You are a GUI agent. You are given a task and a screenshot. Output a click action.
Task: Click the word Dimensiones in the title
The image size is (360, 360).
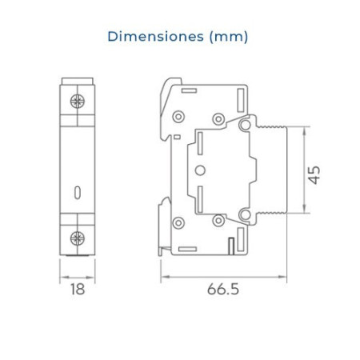tap(155, 37)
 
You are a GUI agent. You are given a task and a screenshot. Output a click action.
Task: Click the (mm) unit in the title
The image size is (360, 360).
tap(229, 37)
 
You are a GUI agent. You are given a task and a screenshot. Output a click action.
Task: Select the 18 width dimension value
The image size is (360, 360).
tap(78, 289)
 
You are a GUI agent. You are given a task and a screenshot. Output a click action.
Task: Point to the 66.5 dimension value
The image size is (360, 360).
tap(223, 289)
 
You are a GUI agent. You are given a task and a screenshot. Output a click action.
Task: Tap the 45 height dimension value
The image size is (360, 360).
tap(314, 175)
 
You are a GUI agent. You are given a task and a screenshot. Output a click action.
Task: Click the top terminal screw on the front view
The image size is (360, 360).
tap(78, 101)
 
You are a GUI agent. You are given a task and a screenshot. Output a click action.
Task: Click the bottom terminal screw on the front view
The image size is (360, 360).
tap(78, 238)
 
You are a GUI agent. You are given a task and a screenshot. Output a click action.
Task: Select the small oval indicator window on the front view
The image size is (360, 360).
tap(78, 193)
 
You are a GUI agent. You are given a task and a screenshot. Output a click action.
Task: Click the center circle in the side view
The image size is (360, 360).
tap(200, 170)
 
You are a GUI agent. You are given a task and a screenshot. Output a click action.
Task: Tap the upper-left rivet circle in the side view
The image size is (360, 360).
tap(178, 117)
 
